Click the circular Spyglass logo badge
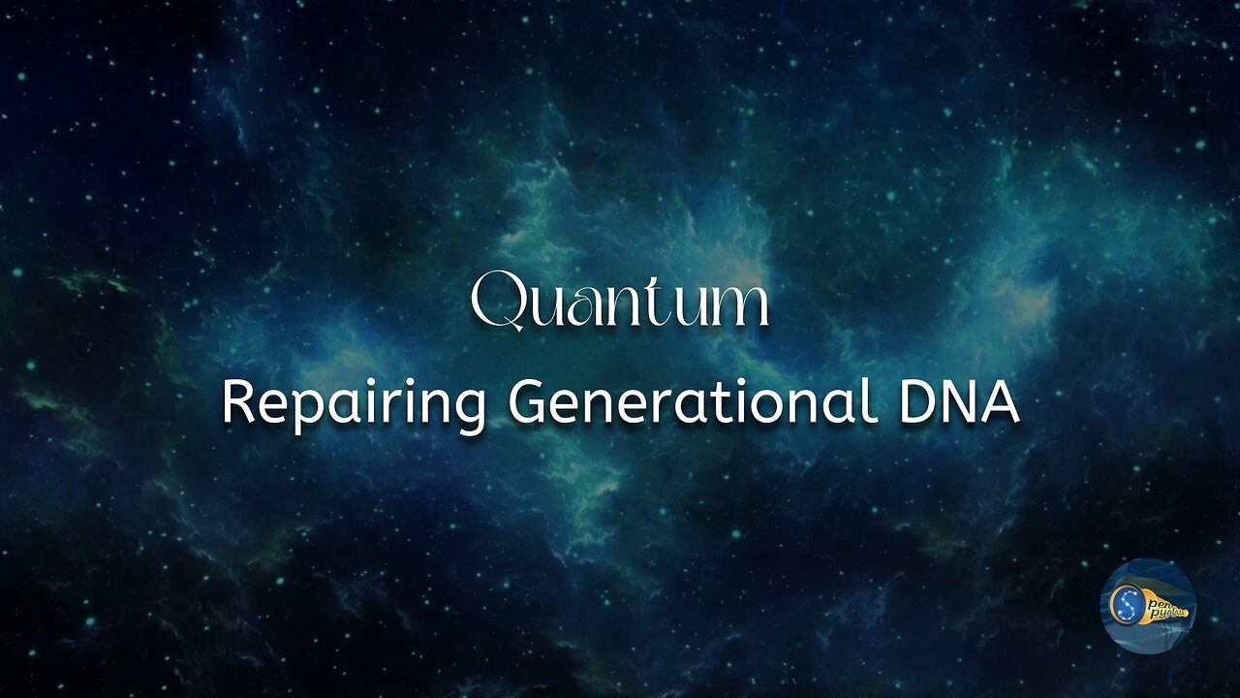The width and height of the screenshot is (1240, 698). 1147,606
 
